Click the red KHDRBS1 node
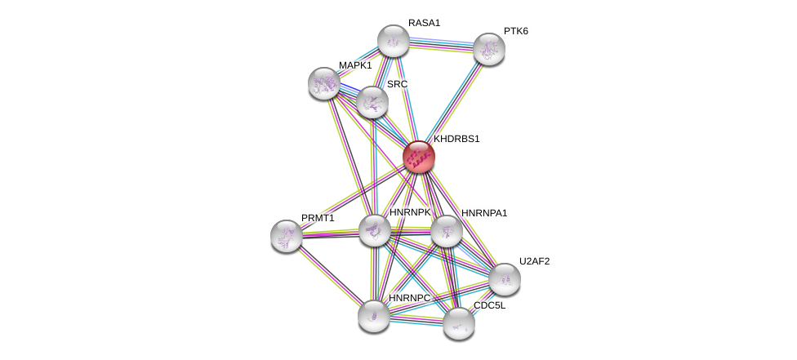[419, 157]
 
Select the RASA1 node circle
[393, 41]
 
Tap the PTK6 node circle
[488, 49]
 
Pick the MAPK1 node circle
[324, 82]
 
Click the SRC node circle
[372, 102]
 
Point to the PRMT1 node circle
[287, 236]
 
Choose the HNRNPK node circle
[375, 230]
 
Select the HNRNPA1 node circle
[446, 231]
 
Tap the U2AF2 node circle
[504, 279]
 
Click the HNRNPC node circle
[373, 316]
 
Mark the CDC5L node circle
[458, 323]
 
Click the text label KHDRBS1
[456, 139]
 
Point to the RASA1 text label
[425, 23]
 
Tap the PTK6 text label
[515, 31]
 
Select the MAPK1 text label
[355, 65]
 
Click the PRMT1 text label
[318, 218]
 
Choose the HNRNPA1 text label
[484, 213]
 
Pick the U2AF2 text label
[535, 261]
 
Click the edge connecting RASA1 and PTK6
[441, 45]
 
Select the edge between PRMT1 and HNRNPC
[330, 276]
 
